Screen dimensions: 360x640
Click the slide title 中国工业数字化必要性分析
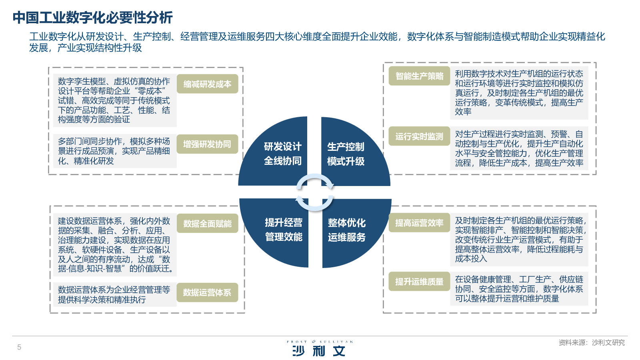92,18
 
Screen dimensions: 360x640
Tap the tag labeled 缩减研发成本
207,84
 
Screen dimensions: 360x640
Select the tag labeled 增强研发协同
207,144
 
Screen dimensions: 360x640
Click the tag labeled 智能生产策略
419,76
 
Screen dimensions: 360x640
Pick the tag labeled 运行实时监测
419,136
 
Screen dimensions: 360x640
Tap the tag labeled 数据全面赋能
207,224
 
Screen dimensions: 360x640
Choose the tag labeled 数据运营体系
207,292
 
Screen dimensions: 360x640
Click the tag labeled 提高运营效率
419,223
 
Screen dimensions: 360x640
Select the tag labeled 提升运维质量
419,282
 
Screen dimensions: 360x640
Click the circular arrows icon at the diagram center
314,192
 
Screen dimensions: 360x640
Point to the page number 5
19,347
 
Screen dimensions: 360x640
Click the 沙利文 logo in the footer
319,349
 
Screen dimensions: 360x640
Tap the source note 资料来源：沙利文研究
591,342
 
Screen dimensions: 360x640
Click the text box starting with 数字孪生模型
114,100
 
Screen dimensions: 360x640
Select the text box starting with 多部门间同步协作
114,151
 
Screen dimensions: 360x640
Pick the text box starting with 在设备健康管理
519,289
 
